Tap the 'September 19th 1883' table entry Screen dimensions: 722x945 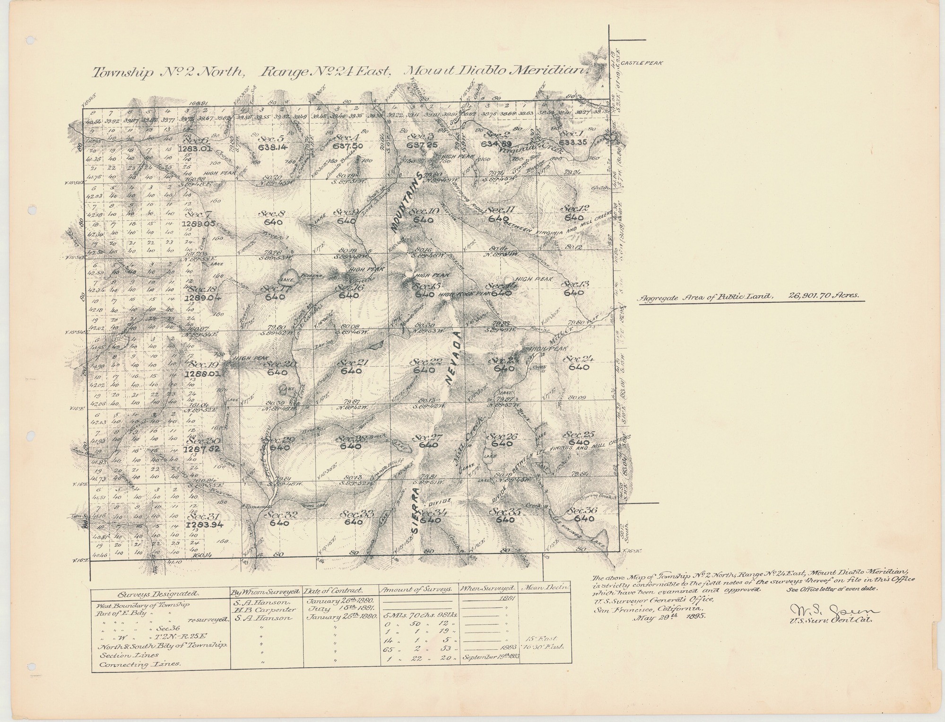pos(489,658)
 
